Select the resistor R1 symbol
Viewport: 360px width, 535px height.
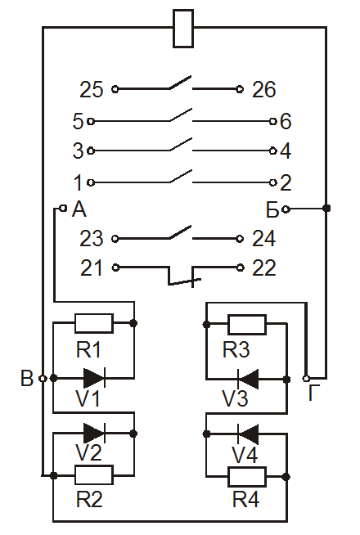coord(94,323)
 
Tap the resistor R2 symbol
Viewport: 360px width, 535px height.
coord(94,474)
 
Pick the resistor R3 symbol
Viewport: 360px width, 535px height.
coord(247,324)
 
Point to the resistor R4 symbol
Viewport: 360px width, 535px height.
coord(247,477)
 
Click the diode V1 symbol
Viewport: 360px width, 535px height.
coord(94,378)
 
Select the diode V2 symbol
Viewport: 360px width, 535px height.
coord(94,434)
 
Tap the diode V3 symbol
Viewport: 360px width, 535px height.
coord(247,379)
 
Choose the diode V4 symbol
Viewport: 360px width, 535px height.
coord(247,434)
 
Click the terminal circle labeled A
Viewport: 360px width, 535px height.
coord(63,208)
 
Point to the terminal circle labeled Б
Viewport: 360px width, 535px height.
coord(286,209)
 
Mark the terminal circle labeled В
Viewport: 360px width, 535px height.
coord(43,379)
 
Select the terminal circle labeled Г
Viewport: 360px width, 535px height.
coord(306,379)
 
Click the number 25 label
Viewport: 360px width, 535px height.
coord(91,90)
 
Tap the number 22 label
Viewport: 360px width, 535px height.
coord(263,267)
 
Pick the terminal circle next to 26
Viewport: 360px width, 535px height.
coord(240,89)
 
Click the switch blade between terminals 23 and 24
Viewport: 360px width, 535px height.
coord(180,232)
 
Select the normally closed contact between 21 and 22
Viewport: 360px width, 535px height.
coord(184,276)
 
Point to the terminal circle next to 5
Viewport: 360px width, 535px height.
coord(91,121)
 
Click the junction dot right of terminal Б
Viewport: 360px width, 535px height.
coord(326,208)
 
